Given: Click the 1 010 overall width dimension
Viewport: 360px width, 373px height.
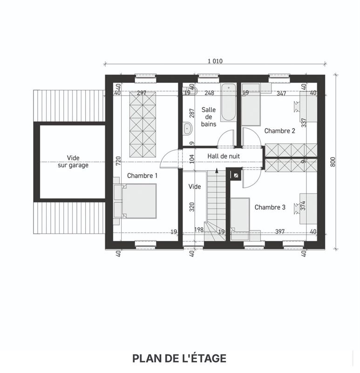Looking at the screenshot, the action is click(215, 61).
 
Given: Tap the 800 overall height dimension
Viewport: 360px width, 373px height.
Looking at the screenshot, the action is click(333, 162).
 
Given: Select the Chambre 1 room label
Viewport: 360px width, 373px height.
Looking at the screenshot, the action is click(142, 176).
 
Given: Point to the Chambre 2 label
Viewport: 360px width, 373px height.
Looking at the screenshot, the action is click(280, 131).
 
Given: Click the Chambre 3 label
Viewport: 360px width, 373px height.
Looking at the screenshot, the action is click(270, 207).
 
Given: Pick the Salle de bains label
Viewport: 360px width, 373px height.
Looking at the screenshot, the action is click(209, 117).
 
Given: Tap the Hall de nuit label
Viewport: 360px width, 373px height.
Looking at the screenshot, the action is click(224, 156).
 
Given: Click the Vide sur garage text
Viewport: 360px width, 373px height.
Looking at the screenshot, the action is click(73, 161).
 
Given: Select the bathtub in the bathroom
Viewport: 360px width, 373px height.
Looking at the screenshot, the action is click(228, 102).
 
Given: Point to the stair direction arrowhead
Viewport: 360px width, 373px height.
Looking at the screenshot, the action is click(217, 170).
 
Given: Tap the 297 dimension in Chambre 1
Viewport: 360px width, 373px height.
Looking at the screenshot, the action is click(142, 93).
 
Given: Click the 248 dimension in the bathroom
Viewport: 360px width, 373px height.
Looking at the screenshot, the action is click(210, 93).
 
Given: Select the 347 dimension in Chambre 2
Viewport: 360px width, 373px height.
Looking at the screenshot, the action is click(281, 93).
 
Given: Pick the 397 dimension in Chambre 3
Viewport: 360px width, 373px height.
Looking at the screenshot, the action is click(280, 231).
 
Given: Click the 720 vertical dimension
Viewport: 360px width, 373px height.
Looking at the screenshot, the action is click(119, 161).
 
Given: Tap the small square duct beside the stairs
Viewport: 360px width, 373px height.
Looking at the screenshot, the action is click(236, 175).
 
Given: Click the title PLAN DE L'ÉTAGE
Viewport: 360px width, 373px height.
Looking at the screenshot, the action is click(179, 359).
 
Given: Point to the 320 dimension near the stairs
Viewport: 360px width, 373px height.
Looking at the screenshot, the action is click(192, 207).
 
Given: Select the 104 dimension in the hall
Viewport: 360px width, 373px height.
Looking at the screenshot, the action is click(192, 159).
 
